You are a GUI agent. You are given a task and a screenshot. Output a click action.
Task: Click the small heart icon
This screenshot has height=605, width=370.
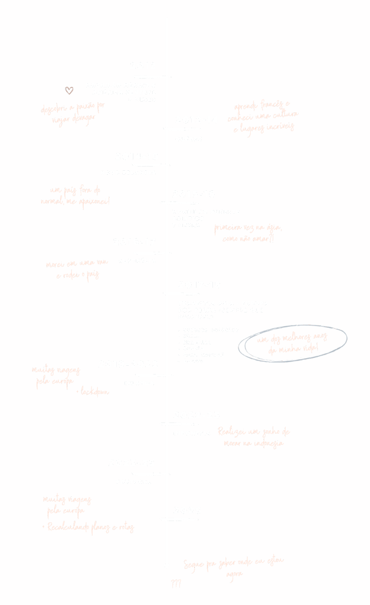point(69,90)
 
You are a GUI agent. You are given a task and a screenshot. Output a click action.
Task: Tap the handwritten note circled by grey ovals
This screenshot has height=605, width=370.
point(293,343)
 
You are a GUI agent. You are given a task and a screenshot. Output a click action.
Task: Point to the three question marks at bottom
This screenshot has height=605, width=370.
point(175,584)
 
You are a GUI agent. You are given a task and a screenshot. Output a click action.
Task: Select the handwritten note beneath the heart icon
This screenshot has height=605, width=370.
point(73,113)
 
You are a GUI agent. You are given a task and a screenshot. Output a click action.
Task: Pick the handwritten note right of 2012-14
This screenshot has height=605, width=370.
point(266,115)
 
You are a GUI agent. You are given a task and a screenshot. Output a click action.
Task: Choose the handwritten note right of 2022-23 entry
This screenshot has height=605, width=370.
point(254,437)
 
